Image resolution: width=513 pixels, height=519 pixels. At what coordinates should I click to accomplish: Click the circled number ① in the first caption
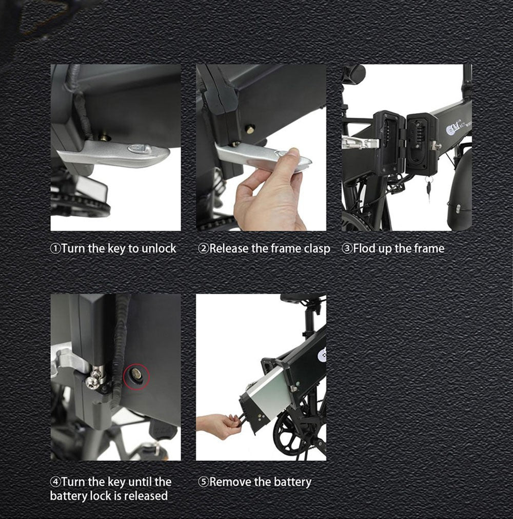55,248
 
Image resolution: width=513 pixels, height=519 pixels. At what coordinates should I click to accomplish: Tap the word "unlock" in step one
159,248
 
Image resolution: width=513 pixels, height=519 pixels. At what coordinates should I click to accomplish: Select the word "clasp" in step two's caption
317,249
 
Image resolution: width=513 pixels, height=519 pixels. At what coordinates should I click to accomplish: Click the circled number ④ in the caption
55,482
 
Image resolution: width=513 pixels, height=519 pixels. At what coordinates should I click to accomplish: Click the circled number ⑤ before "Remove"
204,482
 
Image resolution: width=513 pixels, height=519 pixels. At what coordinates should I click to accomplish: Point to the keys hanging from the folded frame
429,188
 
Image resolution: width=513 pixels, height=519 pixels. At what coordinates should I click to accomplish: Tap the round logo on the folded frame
451,130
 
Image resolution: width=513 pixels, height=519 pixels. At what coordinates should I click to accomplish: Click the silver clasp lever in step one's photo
114,153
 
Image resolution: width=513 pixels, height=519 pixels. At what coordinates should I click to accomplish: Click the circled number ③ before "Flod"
347,248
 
